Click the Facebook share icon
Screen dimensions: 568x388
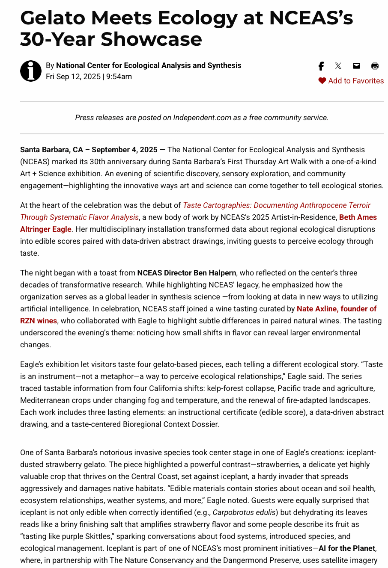tap(321, 66)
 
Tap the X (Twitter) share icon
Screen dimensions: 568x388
tap(338, 66)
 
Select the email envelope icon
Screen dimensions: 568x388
tap(356, 66)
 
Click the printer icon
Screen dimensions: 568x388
tap(375, 66)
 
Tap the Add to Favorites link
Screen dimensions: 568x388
tap(356, 81)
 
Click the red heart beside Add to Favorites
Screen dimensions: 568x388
tap(322, 81)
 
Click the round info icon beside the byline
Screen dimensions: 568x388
tap(31, 71)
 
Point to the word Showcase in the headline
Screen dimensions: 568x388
tap(151, 39)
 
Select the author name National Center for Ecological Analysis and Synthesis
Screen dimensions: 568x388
tap(149, 65)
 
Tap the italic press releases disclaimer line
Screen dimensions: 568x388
tap(202, 118)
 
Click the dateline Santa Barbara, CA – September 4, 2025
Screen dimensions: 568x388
tap(89, 150)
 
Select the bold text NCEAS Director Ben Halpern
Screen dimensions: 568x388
tap(186, 273)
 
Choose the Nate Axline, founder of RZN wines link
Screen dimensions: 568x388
tap(336, 309)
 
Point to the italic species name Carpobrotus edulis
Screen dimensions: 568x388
tap(244, 512)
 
